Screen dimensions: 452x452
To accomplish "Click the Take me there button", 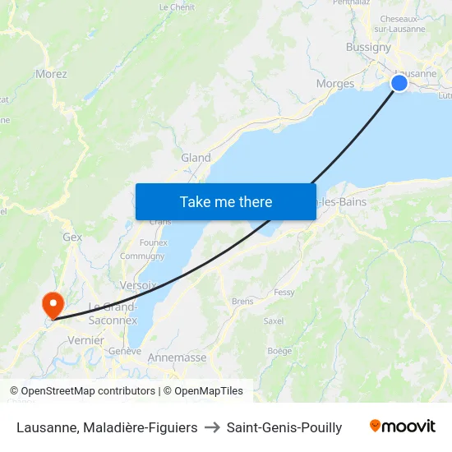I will point(226,201).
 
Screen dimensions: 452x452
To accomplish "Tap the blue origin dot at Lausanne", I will point(399,83).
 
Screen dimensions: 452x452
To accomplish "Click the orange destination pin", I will point(54,304).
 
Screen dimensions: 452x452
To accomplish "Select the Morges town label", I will point(335,84).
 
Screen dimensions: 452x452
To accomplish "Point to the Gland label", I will point(196,158).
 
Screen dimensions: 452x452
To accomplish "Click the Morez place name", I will point(51,74).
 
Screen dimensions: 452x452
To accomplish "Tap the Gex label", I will point(72,237).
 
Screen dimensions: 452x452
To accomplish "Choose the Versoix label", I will point(138,285).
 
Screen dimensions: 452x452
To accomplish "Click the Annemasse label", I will point(177,357).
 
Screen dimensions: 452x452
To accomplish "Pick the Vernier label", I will point(86,340).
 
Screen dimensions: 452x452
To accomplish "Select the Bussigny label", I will point(368,47).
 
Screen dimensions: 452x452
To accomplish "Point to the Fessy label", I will point(284,293).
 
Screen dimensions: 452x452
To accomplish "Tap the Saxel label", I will point(274,321).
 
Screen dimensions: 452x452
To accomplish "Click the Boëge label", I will point(279,351).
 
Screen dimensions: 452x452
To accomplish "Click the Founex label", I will point(154,242).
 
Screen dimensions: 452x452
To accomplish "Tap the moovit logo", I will point(403,427).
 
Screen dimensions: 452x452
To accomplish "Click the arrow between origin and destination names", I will point(212,427).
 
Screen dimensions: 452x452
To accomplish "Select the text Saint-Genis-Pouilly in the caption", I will point(284,427).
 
